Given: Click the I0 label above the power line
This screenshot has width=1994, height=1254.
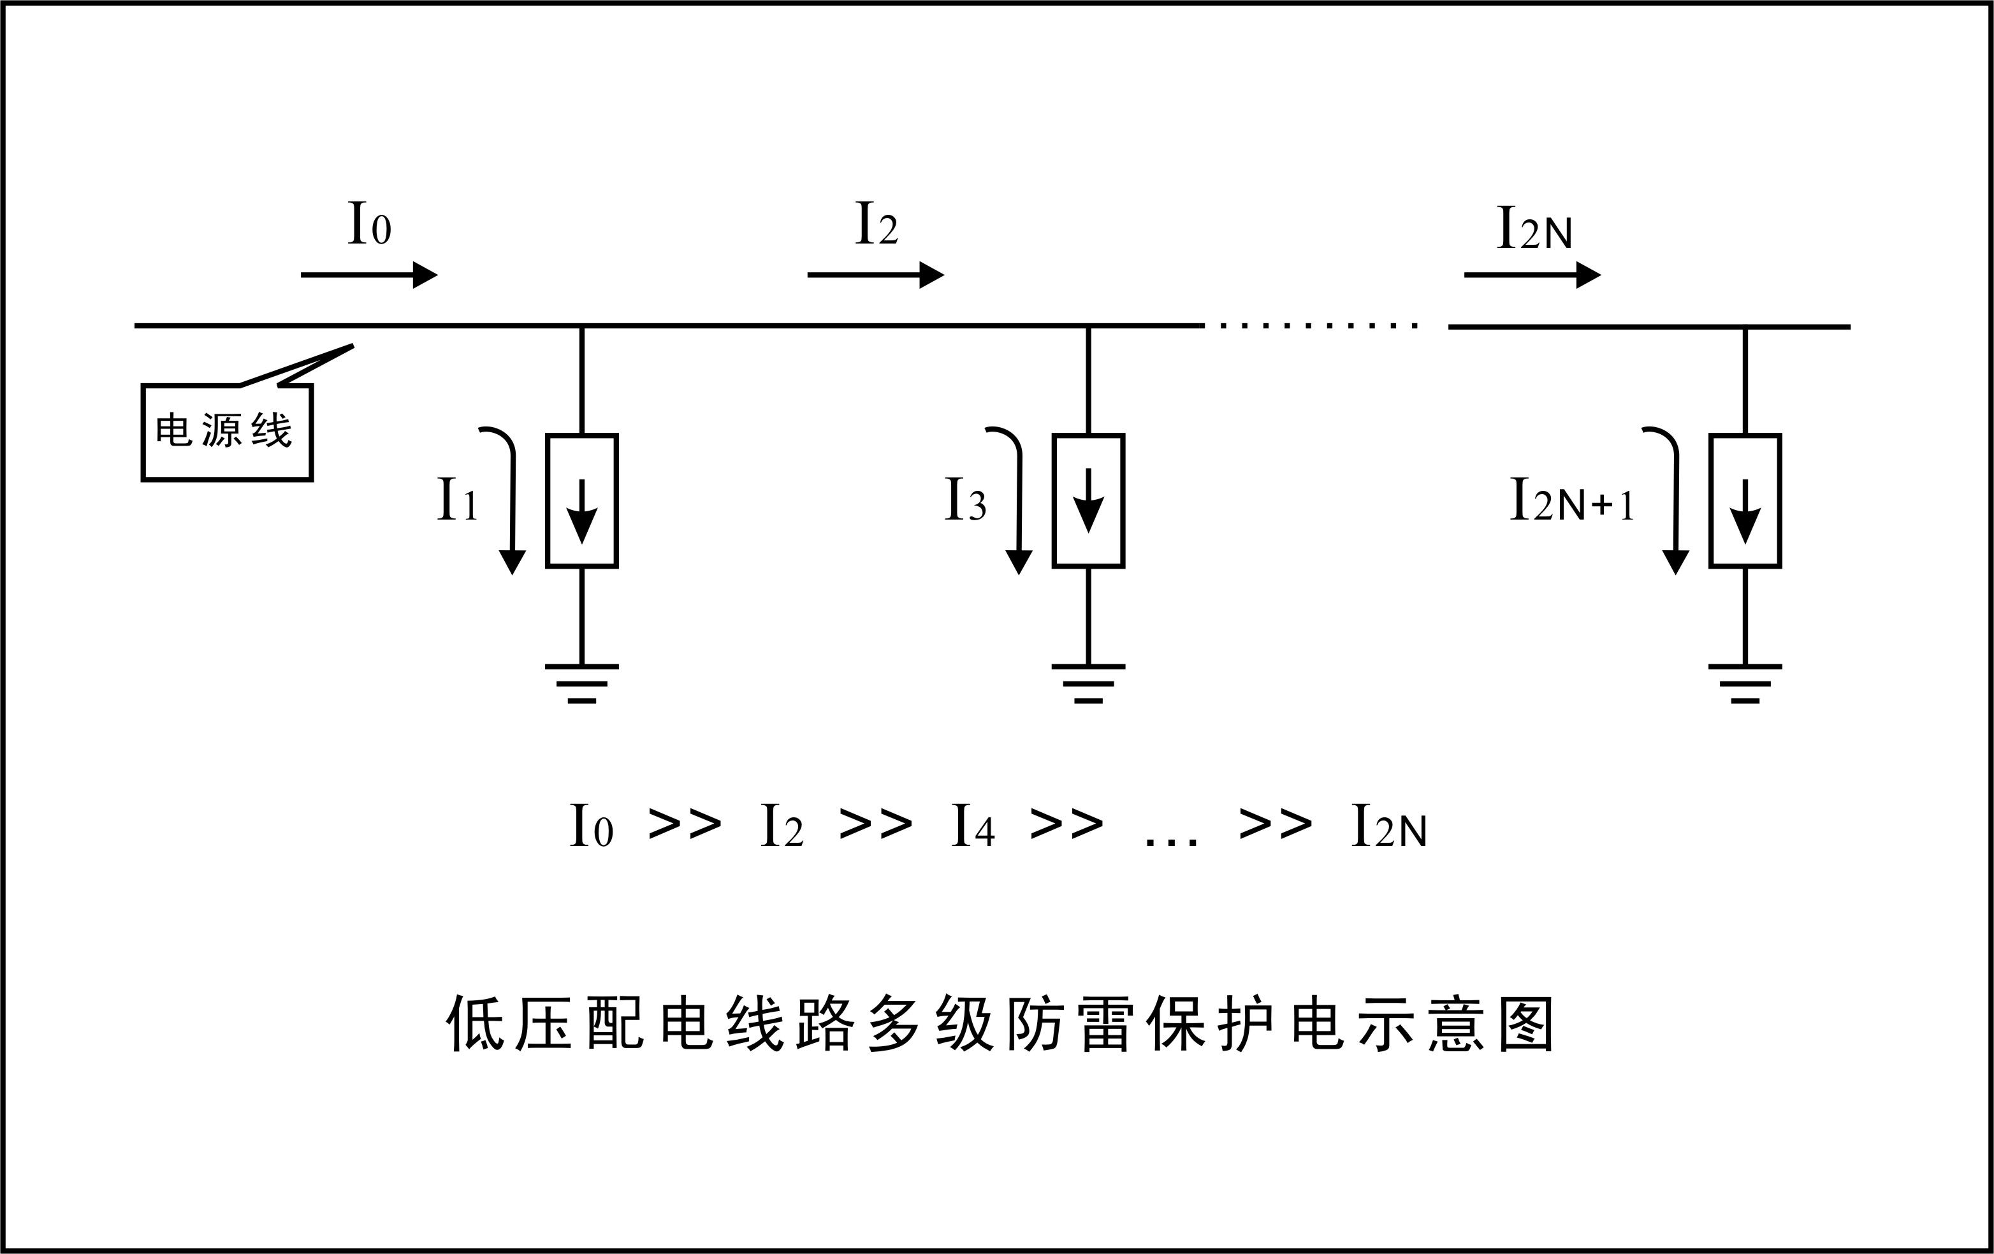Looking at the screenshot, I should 368,224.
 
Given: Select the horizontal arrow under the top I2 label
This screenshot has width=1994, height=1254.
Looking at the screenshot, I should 875,274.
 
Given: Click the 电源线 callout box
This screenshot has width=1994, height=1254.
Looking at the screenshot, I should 227,432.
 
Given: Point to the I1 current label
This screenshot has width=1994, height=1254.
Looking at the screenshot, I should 457,499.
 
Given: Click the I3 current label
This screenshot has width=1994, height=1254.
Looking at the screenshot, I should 964,499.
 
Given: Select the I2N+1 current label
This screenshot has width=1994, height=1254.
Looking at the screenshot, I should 1571,499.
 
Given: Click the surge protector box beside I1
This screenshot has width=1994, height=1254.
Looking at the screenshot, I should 582,500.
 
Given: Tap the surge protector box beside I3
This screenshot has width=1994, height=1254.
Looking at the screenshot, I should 1088,500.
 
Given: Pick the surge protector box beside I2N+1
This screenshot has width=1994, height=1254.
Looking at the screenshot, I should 1745,500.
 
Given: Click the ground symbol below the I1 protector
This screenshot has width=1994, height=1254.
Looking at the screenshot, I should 582,683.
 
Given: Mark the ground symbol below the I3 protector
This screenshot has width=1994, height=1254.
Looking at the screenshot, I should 1088,683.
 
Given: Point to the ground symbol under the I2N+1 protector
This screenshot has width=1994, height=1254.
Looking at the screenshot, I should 1745,683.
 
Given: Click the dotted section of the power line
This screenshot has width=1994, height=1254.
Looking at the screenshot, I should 1318,326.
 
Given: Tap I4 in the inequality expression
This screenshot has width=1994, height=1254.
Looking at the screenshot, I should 972,826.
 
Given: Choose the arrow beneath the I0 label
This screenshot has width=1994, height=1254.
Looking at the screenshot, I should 368,274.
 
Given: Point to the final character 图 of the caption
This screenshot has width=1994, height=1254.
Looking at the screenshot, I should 1526,1024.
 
